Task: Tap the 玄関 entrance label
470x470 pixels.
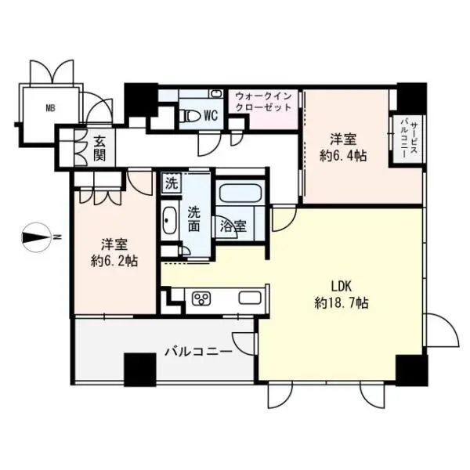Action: pyautogui.click(x=100, y=148)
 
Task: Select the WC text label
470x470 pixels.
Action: pyautogui.click(x=210, y=115)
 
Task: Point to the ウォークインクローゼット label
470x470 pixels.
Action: pyautogui.click(x=263, y=101)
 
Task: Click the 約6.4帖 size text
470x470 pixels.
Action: pyautogui.click(x=343, y=155)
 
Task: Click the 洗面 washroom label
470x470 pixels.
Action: pyautogui.click(x=194, y=218)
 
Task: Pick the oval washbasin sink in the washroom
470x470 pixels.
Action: pyautogui.click(x=170, y=223)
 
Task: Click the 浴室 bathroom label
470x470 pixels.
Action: pyautogui.click(x=233, y=227)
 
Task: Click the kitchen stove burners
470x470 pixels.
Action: pyautogui.click(x=201, y=298)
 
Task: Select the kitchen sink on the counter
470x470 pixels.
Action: pyautogui.click(x=249, y=298)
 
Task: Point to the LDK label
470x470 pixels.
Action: pyautogui.click(x=341, y=287)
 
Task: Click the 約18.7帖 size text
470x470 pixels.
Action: pyautogui.click(x=342, y=302)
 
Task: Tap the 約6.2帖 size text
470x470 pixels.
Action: pyautogui.click(x=114, y=261)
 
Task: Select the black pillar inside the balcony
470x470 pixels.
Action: pyautogui.click(x=139, y=369)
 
